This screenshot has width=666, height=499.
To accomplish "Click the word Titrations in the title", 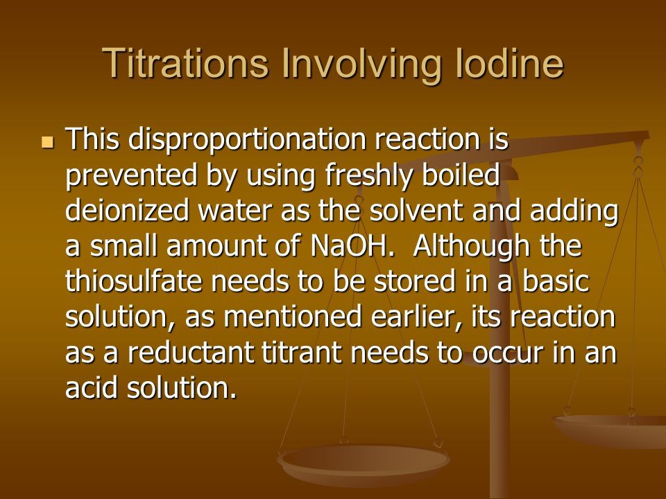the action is [185, 63].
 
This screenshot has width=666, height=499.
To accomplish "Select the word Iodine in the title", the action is [510, 63].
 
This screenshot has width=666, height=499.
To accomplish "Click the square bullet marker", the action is [48, 142].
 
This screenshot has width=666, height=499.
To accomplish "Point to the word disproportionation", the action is [247, 139].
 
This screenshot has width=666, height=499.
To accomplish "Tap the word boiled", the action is [461, 174].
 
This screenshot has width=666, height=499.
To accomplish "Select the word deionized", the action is [127, 210].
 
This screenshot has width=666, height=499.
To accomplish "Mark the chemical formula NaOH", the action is [350, 245].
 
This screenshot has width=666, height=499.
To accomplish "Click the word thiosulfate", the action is [134, 281].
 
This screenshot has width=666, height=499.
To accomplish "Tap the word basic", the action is [556, 281].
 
